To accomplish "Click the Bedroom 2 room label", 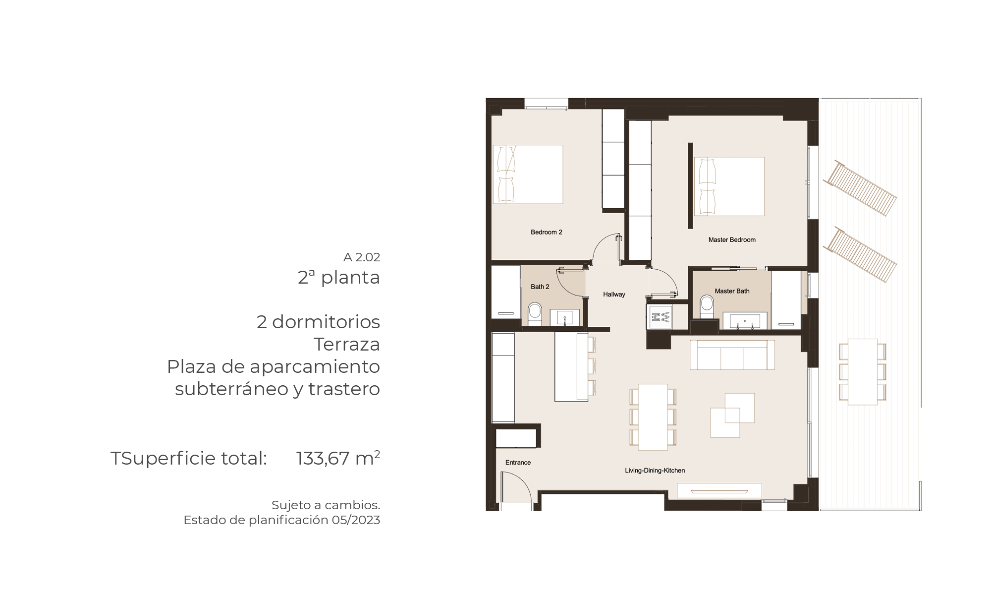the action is pos(546,232).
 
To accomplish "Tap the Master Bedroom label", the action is pos(732,240).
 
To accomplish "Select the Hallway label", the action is pos(614,295).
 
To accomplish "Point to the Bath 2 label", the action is pos(540,287).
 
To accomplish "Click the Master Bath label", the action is pos(732,291).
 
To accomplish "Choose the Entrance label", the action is pos(518,463).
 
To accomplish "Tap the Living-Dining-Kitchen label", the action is pos(655,471).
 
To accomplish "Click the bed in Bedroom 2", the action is pos(528,174).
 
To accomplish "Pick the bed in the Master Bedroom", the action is pos(729,186).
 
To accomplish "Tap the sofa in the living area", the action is pos(732,355).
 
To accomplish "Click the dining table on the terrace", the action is pos(863,372).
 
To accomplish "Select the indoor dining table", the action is pos(653,417).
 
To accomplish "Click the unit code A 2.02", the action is pos(362,257).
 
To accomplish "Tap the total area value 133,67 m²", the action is pos(338,458).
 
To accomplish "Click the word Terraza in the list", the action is pos(347,344).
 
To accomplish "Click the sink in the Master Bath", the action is pos(745,321).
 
